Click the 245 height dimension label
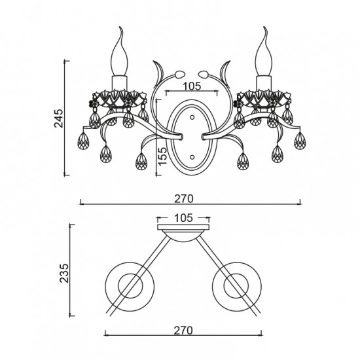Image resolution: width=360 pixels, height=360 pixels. pos(58,118)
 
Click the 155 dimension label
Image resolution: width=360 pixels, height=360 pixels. pos(162,156)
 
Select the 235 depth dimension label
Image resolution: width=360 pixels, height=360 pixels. pos(64,273)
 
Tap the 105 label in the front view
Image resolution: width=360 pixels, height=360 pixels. pos(192,86)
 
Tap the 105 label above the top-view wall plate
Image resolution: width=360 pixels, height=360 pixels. pos(184,218)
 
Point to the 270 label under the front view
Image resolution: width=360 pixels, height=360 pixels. pos(184,198)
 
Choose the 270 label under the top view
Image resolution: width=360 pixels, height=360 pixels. pos(183,331)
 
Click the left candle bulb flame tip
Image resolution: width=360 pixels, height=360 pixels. pos(120,27)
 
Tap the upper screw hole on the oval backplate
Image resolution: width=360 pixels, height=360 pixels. pos(192,117)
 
